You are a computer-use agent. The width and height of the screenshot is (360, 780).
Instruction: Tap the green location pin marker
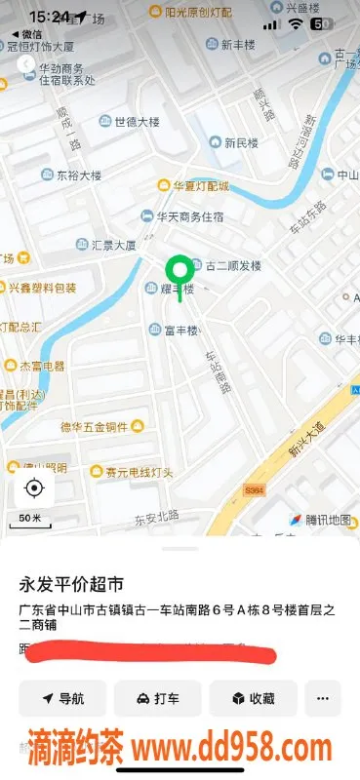click(x=179, y=270)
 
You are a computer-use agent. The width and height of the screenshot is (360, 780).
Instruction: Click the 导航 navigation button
click(x=62, y=698)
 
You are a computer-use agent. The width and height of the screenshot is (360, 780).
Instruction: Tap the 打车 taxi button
click(x=157, y=698)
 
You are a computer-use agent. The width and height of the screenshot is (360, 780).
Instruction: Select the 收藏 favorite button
click(x=252, y=698)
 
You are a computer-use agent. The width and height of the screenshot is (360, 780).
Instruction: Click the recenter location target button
click(x=34, y=487)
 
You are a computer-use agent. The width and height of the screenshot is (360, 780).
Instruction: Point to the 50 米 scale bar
click(x=30, y=520)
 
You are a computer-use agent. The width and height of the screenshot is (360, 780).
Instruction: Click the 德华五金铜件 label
click(x=96, y=426)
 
